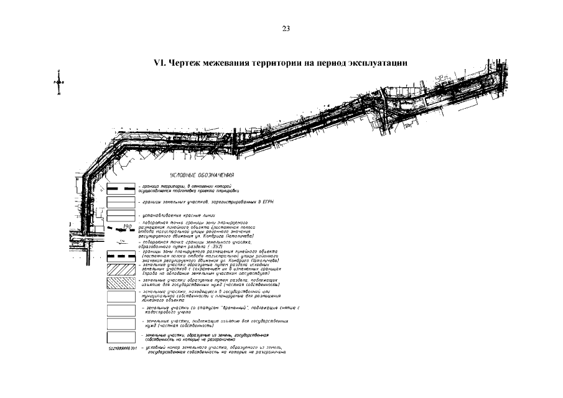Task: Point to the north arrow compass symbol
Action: click(58, 83)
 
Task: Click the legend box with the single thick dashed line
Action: click(121, 188)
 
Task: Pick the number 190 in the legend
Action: click(129, 225)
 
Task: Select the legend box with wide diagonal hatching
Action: click(121, 269)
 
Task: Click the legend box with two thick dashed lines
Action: click(121, 256)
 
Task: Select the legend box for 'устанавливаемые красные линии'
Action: click(121, 215)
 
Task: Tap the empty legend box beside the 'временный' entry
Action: click(121, 309)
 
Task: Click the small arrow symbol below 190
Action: click(123, 239)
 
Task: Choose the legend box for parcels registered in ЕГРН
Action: click(121, 202)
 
